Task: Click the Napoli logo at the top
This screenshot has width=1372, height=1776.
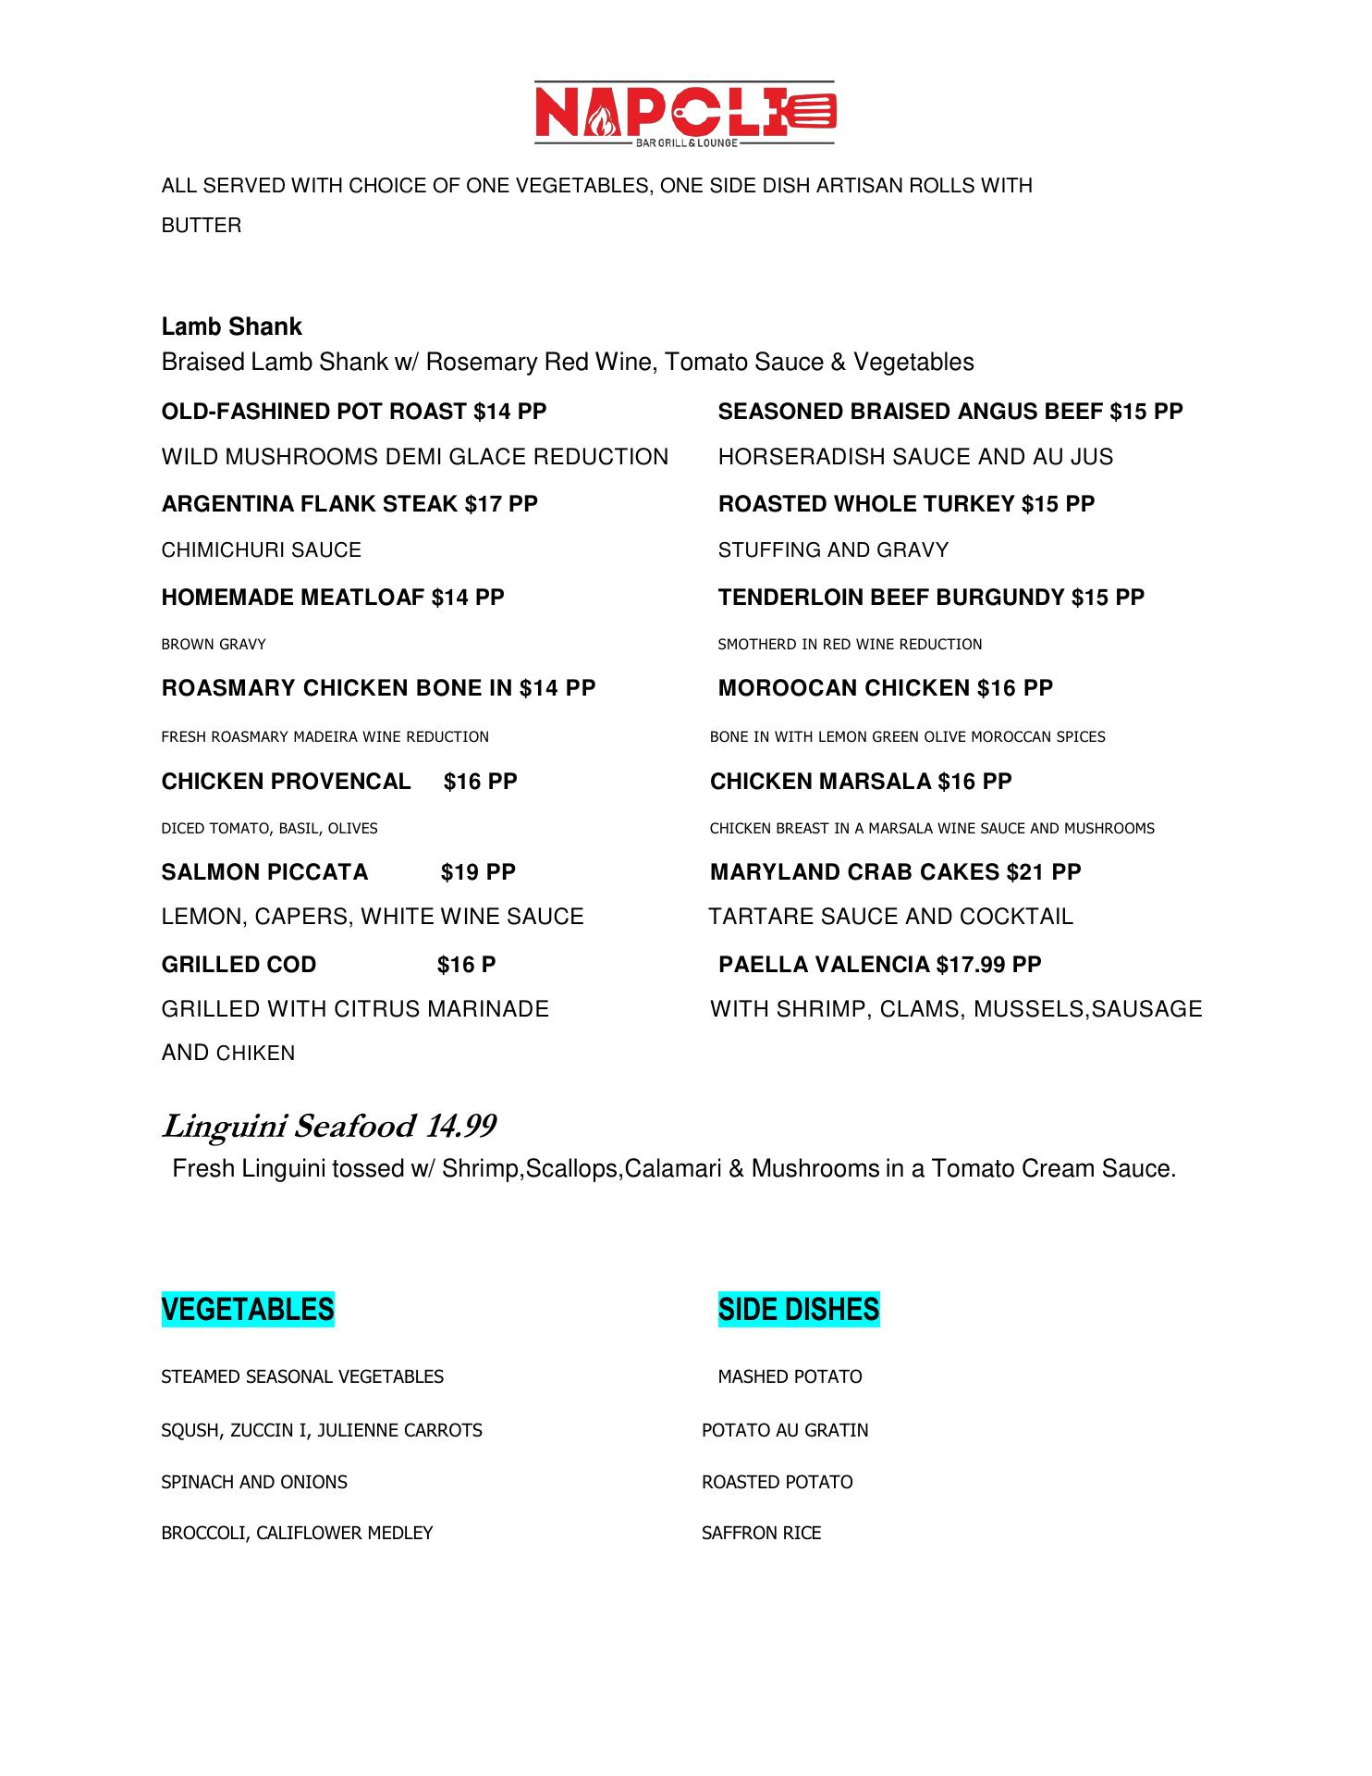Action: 685,113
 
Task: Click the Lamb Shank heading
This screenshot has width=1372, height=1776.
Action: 231,327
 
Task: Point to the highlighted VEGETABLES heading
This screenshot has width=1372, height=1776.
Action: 248,1309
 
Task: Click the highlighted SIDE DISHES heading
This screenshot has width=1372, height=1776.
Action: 799,1309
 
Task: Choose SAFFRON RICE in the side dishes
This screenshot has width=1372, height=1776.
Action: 761,1533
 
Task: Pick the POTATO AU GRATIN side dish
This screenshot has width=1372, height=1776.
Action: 785,1430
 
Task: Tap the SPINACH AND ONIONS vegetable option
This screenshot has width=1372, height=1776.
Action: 254,1482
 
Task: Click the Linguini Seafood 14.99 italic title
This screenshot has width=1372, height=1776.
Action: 329,1127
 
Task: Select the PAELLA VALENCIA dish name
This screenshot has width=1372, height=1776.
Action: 824,965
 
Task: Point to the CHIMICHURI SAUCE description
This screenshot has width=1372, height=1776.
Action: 261,550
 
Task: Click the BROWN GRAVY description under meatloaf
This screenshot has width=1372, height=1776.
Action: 214,644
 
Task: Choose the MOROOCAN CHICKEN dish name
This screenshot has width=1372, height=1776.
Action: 844,688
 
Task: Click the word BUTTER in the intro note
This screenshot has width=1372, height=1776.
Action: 202,226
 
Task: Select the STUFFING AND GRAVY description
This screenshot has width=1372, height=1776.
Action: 833,550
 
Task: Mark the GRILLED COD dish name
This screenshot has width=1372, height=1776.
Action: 239,965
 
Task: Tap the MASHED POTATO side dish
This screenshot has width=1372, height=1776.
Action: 790,1376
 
